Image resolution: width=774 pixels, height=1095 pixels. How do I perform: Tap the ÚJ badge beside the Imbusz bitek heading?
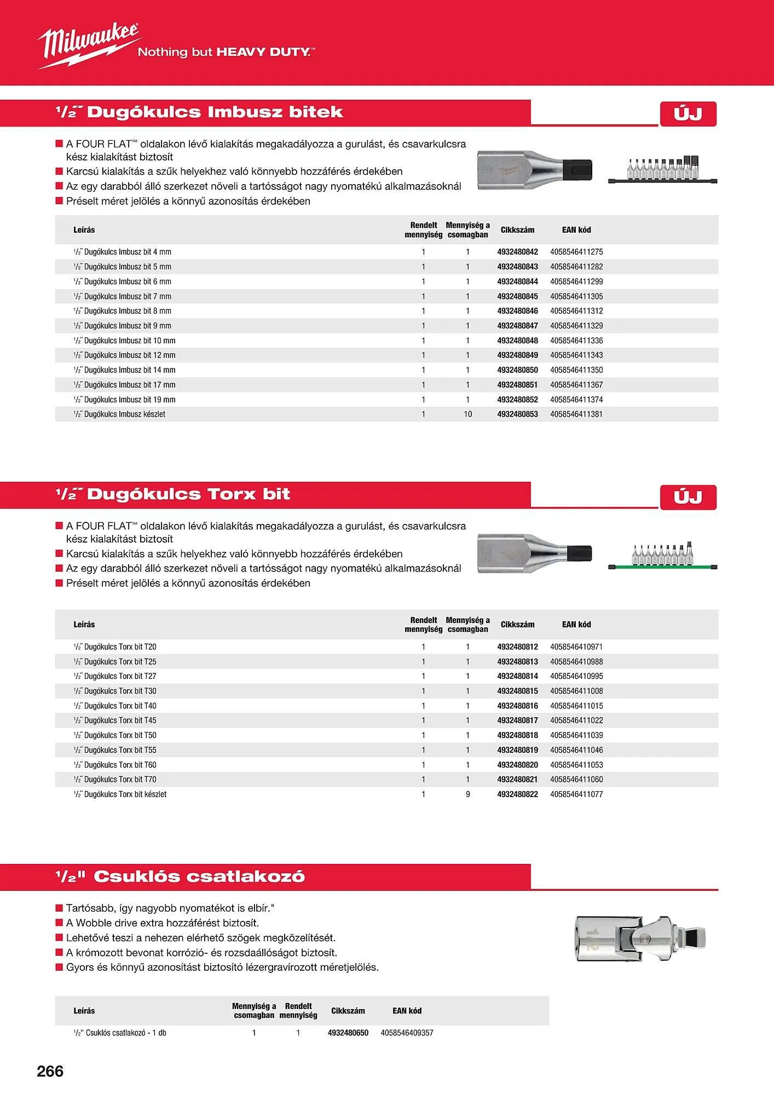(x=688, y=114)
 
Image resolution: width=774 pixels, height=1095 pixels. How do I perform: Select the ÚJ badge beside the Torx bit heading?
(x=688, y=497)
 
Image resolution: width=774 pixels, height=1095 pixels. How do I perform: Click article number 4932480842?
(x=517, y=252)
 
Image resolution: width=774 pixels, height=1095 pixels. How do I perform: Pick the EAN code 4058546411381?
(x=576, y=414)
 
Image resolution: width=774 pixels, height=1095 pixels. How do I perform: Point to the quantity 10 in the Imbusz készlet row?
(x=468, y=414)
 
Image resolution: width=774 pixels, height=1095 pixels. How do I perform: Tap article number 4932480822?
(x=517, y=794)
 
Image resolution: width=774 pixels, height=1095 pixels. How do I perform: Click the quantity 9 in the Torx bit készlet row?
(x=468, y=794)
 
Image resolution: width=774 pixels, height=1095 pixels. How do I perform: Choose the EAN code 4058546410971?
(x=576, y=647)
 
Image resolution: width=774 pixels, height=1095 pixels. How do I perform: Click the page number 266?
(x=50, y=1071)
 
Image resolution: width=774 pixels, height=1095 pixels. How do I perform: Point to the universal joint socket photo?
(x=640, y=938)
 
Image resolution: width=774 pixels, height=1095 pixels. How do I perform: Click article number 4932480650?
(x=348, y=1033)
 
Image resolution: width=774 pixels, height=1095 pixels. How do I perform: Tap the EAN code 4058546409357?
(x=407, y=1033)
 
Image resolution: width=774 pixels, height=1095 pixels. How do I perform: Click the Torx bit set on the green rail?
(x=662, y=557)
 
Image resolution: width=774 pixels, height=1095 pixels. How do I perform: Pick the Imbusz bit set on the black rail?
(x=662, y=170)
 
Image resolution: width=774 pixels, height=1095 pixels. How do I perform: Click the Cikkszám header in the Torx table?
(x=517, y=624)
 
